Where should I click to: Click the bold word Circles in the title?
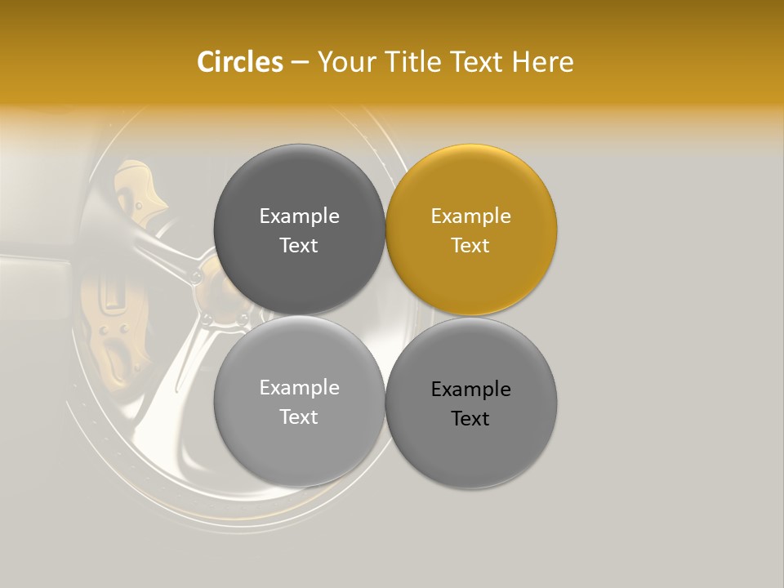(x=239, y=62)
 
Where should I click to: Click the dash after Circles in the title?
(x=299, y=63)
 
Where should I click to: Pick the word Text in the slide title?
(x=479, y=62)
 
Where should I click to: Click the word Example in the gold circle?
(x=470, y=216)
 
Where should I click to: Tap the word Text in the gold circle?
(x=470, y=246)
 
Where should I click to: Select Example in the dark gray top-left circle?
(x=299, y=216)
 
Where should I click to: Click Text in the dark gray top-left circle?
(x=299, y=246)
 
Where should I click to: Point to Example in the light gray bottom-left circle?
(x=299, y=388)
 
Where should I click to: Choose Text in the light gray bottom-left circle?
(x=299, y=417)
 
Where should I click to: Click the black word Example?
(x=470, y=390)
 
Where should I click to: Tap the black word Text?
(x=470, y=419)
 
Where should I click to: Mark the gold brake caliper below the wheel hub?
(x=114, y=343)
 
